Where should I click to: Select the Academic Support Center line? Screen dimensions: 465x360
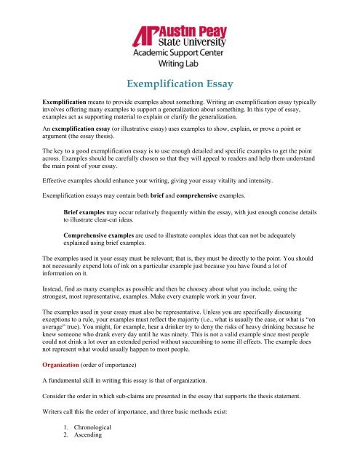tap(180, 53)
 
